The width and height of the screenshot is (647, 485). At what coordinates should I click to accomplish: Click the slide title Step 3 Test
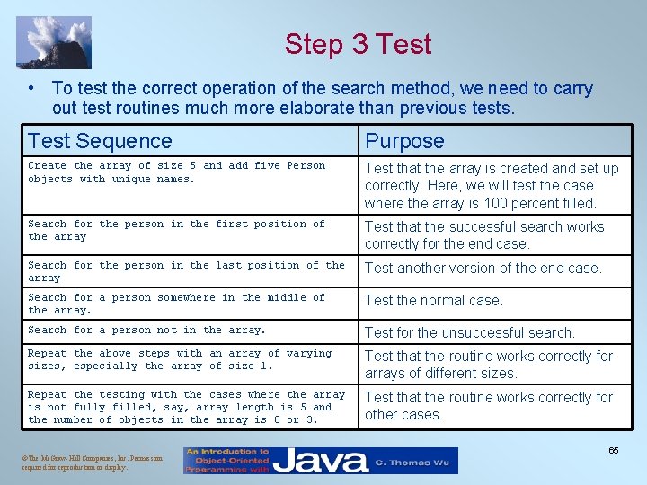[x=358, y=44]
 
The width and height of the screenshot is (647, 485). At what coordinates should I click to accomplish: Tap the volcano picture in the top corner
[x=54, y=42]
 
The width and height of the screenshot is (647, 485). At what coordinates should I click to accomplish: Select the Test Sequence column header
[x=100, y=141]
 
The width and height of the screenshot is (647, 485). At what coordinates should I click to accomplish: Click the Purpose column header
[x=404, y=141]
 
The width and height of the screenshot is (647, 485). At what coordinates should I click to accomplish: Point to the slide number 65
[x=613, y=450]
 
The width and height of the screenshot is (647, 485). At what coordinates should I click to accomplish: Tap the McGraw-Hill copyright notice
[x=81, y=463]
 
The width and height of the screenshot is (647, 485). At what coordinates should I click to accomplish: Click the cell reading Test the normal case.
[x=434, y=300]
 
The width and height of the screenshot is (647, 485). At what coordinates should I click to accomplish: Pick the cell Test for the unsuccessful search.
[x=469, y=332]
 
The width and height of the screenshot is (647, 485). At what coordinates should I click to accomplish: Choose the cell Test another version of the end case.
[x=483, y=268]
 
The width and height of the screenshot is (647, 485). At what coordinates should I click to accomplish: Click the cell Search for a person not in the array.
[x=146, y=330]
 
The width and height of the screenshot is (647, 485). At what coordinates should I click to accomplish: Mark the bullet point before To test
[x=31, y=88]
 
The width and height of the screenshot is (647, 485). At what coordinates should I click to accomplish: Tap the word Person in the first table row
[x=307, y=165]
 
